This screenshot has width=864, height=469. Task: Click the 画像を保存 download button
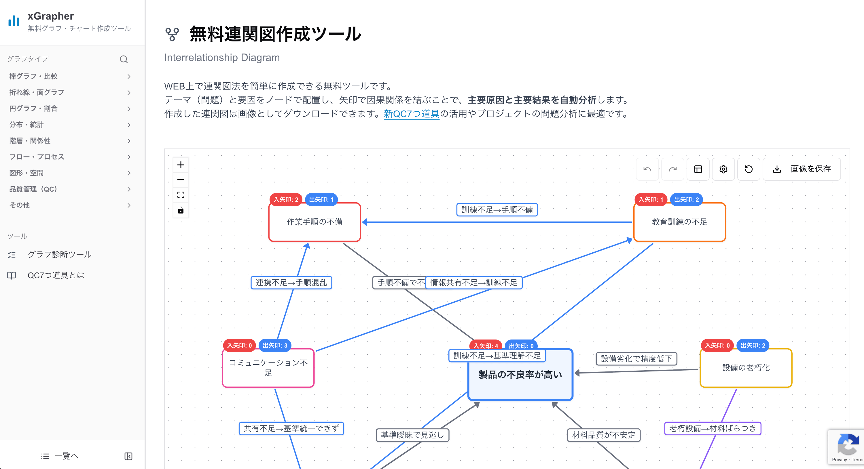coord(801,169)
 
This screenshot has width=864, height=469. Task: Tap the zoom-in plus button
coord(181,165)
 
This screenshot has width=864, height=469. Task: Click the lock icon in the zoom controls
coord(181,210)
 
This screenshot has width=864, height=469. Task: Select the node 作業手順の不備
coord(314,222)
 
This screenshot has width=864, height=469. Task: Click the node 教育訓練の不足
coord(679,222)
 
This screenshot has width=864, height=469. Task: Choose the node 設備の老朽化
coord(746,368)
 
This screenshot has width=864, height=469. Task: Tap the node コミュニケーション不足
coord(268,368)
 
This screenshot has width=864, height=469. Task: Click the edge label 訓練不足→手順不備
coord(497,210)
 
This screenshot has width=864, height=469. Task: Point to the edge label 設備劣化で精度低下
coord(636,359)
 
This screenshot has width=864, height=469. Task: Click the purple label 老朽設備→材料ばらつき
coord(713,428)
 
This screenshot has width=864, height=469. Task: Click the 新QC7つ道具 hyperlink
coord(411,114)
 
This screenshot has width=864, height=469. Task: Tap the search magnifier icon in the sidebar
coord(124,59)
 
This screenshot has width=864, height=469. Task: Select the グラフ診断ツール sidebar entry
coord(59,255)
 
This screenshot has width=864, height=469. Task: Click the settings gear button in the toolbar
coord(723,169)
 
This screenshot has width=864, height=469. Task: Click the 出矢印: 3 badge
coord(275,345)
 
